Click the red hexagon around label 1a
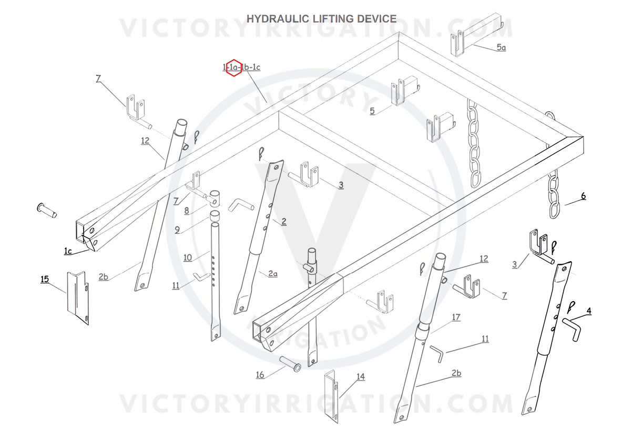pyautogui.click(x=233, y=67)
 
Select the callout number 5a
pyautogui.click(x=501, y=47)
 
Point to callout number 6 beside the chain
pyautogui.click(x=583, y=196)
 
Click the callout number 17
pyautogui.click(x=456, y=317)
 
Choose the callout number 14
pyautogui.click(x=360, y=377)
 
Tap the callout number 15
pyautogui.click(x=45, y=278)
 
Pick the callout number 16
pyautogui.click(x=260, y=375)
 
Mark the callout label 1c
pyautogui.click(x=68, y=251)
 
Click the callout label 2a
pyautogui.click(x=272, y=273)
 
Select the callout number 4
pyautogui.click(x=588, y=311)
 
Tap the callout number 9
pyautogui.click(x=177, y=230)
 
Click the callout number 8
pyautogui.click(x=186, y=211)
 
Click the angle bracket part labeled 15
pyautogui.click(x=77, y=298)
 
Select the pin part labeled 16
pyautogui.click(x=290, y=363)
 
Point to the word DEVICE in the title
pyautogui.click(x=377, y=19)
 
